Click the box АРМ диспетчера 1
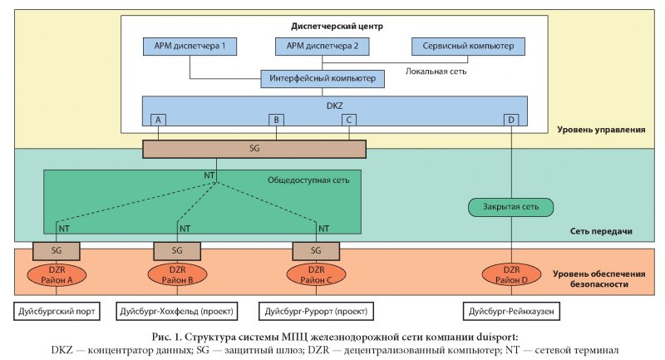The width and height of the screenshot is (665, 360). (190, 47)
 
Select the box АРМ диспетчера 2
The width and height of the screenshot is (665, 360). (323, 47)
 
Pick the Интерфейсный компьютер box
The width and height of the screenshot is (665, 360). (323, 80)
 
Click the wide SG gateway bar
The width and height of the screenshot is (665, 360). (254, 149)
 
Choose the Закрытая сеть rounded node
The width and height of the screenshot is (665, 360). (510, 207)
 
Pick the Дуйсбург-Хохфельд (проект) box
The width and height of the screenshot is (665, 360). (177, 312)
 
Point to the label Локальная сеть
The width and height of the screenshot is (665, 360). (436, 72)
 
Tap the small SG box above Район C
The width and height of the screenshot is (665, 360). (315, 249)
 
